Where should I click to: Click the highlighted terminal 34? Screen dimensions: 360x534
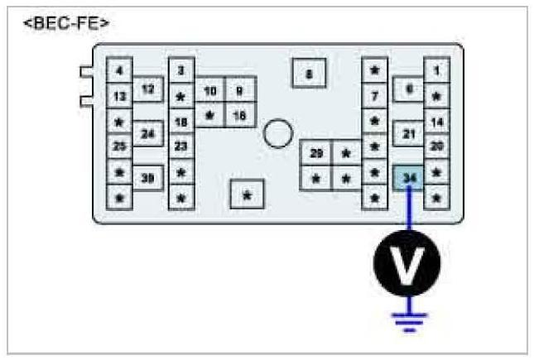[x=408, y=178]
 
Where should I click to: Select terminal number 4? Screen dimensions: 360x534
[x=119, y=71]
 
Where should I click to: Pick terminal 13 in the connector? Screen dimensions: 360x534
[x=119, y=97]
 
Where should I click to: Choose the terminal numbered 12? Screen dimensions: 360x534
[x=147, y=87]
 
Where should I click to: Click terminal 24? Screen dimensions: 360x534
[x=148, y=132]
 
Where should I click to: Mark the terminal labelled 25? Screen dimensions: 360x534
[x=119, y=146]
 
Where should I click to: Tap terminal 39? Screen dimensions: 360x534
[x=148, y=177]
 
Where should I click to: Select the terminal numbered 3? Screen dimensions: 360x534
[x=180, y=71]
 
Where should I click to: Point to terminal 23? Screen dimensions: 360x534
[x=180, y=146]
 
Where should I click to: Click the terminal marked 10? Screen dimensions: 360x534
[x=210, y=89]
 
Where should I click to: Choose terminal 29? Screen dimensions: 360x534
[x=315, y=153]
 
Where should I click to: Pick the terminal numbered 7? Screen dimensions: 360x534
[x=374, y=97]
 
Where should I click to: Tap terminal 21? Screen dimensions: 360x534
[x=408, y=133]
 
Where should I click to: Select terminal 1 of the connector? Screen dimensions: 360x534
[x=436, y=71]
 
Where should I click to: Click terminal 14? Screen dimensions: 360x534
[x=436, y=122]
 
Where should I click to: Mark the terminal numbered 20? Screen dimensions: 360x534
[x=436, y=146]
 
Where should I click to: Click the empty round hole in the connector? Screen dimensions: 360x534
[x=278, y=131]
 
